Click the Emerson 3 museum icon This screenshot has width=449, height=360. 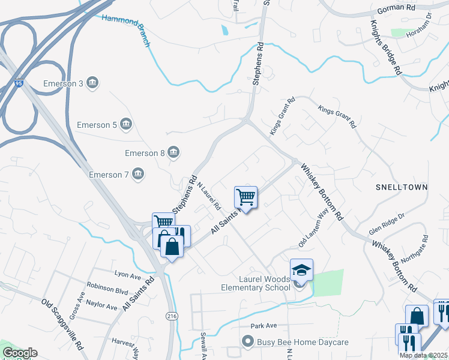pyautogui.click(x=92, y=83)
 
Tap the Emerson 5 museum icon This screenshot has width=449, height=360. pyautogui.click(x=126, y=125)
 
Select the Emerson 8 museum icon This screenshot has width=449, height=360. pyautogui.click(x=173, y=152)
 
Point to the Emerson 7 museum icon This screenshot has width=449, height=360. pyautogui.click(x=138, y=175)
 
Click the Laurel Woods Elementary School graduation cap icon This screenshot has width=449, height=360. pyautogui.click(x=301, y=270)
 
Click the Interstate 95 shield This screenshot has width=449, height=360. pyautogui.click(x=19, y=85)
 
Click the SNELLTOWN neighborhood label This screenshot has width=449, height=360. pyautogui.click(x=402, y=187)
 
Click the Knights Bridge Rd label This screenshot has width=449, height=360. pyautogui.click(x=385, y=47)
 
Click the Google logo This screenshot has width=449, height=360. pyautogui.click(x=20, y=353)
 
